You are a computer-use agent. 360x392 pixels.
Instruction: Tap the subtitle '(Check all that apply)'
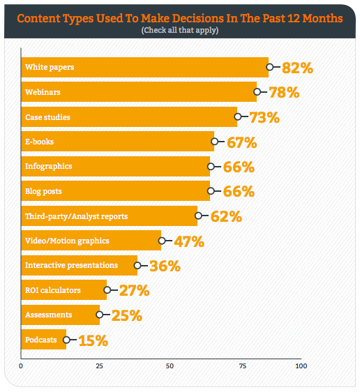tap(179, 31)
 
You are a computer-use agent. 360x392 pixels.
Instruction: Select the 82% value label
tap(297, 68)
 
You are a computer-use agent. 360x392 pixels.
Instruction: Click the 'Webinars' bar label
tap(42, 92)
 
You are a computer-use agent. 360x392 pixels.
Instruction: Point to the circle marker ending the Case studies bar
tap(238, 117)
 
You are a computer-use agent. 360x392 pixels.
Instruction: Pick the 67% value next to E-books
tap(242, 143)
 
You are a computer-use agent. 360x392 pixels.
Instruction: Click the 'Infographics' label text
tap(48, 167)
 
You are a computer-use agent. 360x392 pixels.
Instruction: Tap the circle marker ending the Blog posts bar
tap(211, 192)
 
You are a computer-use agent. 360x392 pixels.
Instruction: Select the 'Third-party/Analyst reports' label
tap(76, 216)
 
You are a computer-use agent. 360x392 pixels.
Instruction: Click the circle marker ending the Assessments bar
tap(100, 315)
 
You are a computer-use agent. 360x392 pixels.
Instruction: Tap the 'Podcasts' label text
tap(41, 340)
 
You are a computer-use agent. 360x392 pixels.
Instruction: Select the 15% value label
tap(93, 341)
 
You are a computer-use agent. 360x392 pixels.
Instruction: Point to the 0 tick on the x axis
tap(21, 365)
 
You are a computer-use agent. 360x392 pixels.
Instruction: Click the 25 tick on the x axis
tap(99, 365)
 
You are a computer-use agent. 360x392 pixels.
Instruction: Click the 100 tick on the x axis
tap(300, 365)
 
